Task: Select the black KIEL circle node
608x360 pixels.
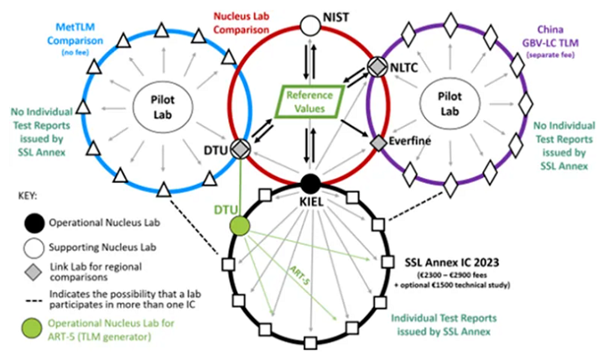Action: click(x=310, y=181)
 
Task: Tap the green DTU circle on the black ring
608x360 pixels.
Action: click(x=241, y=225)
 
